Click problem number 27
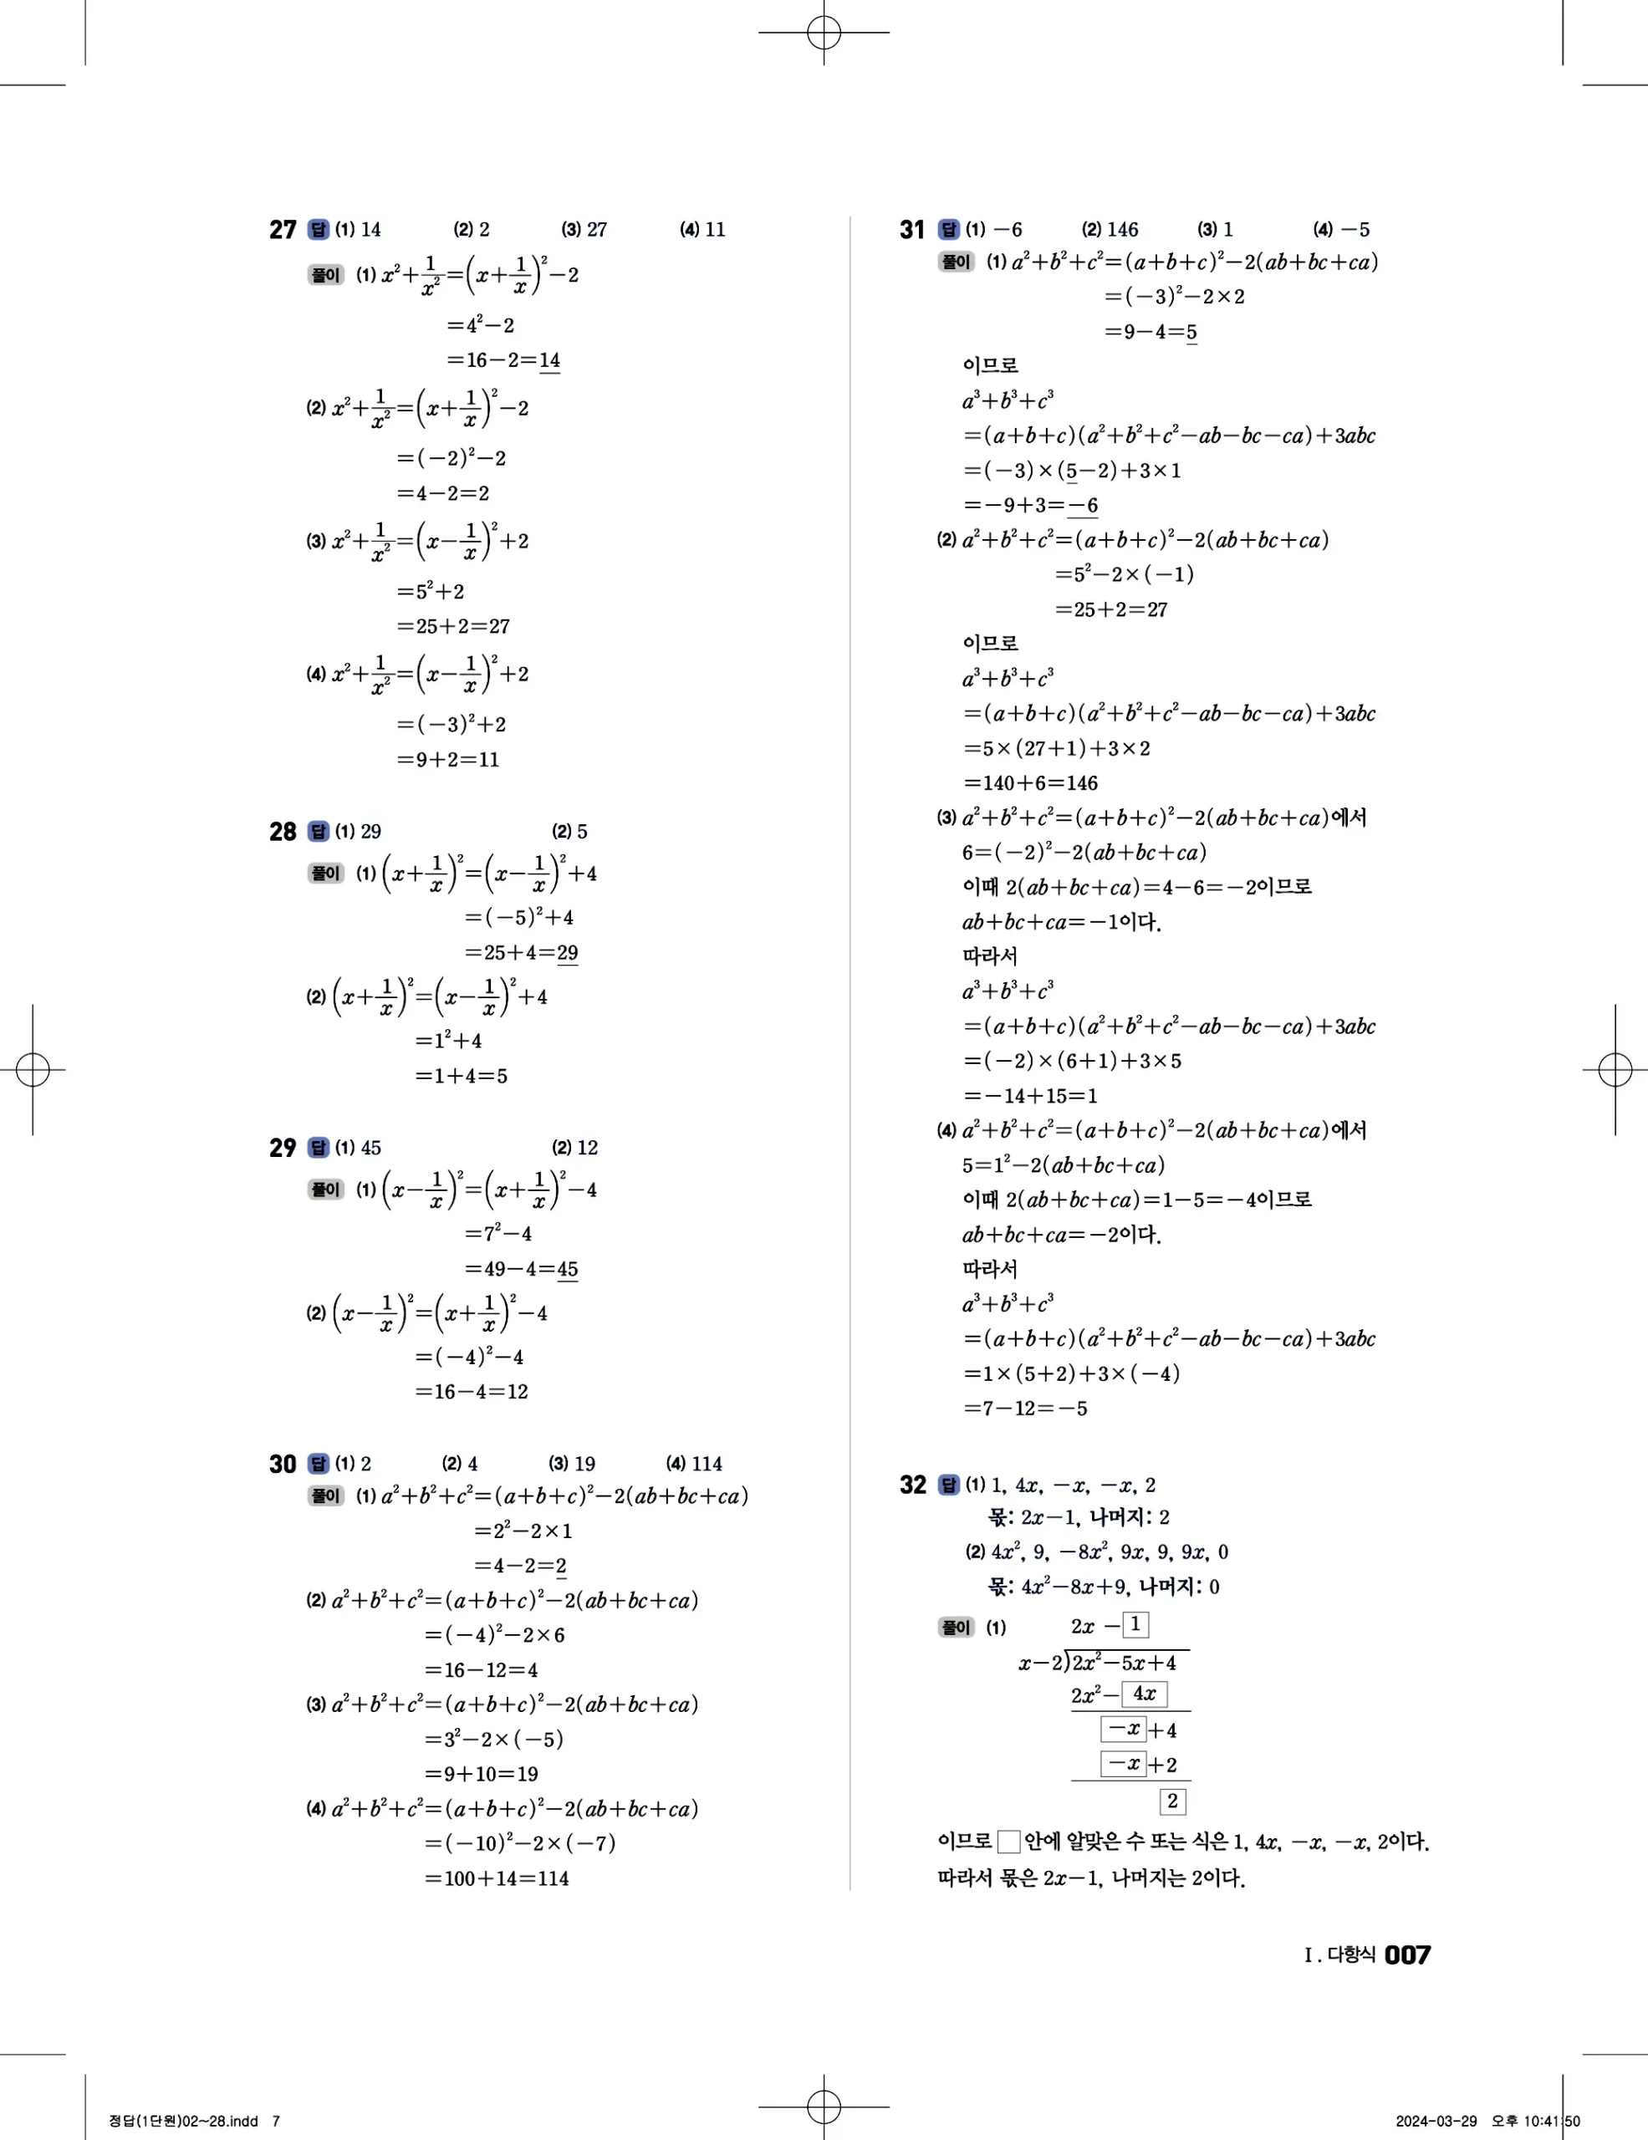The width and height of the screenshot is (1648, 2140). tap(282, 229)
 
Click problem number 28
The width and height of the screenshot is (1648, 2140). tap(282, 831)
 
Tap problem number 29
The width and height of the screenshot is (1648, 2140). tap(282, 1148)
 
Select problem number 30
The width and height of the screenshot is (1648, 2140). tap(282, 1464)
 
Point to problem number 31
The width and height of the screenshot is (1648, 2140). tap(912, 229)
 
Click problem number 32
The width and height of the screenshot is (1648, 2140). tap(912, 1485)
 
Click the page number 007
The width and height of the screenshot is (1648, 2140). tap(1407, 1954)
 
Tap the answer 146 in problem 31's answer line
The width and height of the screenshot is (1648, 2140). tap(1123, 229)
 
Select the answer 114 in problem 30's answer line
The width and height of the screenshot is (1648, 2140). tap(707, 1464)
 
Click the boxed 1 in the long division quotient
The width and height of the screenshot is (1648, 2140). tap(1135, 1624)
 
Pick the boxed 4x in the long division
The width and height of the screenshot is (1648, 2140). tap(1144, 1693)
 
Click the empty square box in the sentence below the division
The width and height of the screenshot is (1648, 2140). tap(1008, 1842)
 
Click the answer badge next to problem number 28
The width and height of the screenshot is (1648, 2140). tap(319, 831)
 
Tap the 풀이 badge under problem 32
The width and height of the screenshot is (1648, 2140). tap(956, 1627)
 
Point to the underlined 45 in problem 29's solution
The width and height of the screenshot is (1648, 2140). tap(567, 1269)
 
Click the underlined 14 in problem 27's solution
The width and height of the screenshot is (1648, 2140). tap(549, 360)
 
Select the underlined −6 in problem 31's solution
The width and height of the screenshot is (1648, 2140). tap(1083, 506)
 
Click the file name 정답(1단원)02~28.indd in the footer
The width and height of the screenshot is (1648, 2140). tap(183, 2121)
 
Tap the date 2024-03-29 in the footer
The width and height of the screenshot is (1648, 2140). tap(1436, 2121)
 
